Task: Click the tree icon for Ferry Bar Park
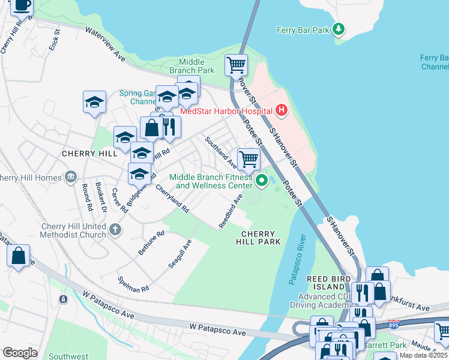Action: coord(339,29)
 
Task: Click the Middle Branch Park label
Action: coord(191,66)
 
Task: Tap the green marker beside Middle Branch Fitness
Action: coord(262,179)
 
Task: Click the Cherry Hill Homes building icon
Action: coord(71,178)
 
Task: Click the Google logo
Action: coord(20,352)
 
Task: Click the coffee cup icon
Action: coord(23,6)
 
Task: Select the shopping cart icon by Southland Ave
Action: coord(249,159)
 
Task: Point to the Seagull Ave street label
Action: coord(179,254)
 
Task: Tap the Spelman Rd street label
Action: coord(133,285)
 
